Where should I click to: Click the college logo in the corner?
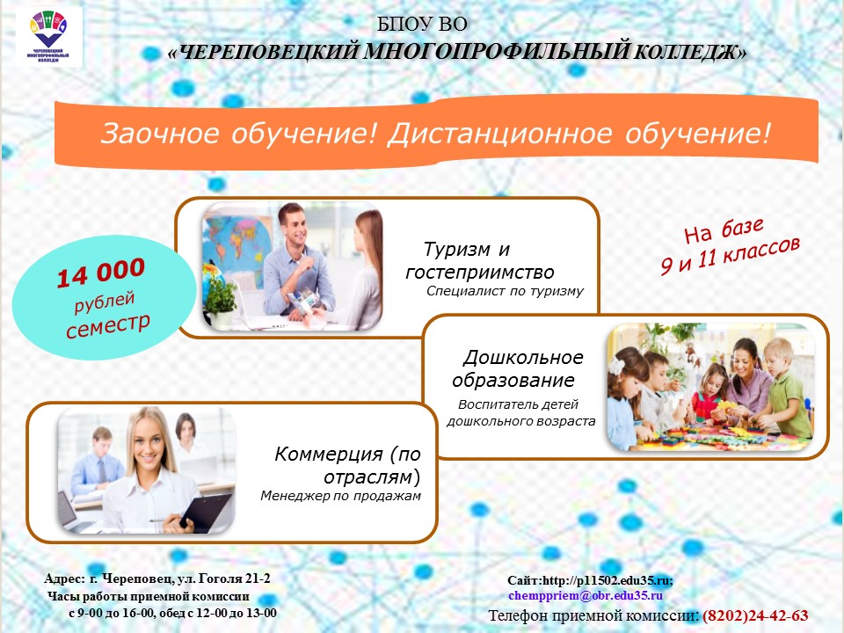pos(49,38)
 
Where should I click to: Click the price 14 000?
pos(101,273)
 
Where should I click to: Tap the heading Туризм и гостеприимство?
pos(479,260)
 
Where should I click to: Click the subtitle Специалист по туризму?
pos(505,291)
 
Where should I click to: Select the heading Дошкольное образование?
pos(517,369)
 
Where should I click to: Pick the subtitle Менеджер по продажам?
pos(340,496)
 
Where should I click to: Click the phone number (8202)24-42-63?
pos(755,615)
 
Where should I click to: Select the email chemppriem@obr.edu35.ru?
pos(586,595)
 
